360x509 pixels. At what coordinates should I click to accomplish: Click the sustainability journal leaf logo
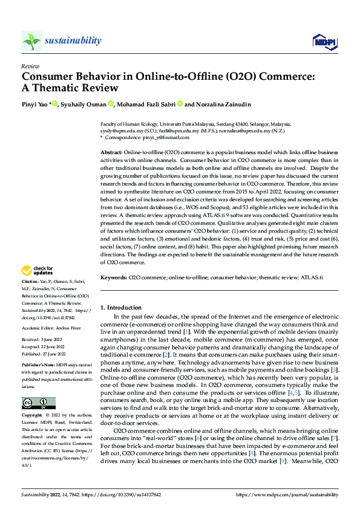tap(31, 41)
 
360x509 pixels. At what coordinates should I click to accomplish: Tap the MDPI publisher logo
tap(324, 41)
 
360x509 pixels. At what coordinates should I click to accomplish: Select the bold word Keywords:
tap(113, 277)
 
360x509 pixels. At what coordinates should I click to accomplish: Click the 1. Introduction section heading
tap(121, 308)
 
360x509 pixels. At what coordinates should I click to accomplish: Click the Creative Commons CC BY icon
tap(38, 386)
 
